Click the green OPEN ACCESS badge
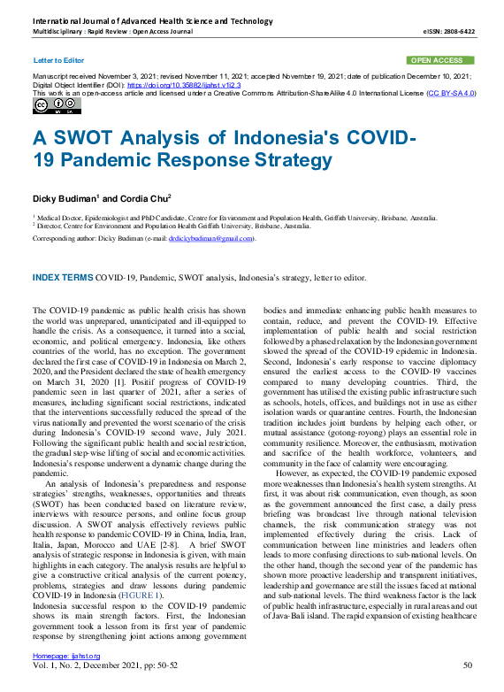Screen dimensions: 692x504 (x=437, y=60)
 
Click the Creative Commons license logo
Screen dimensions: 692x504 (x=56, y=106)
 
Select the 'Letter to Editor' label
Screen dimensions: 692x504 (x=58, y=60)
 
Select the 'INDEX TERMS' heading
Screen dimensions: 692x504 (x=62, y=277)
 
